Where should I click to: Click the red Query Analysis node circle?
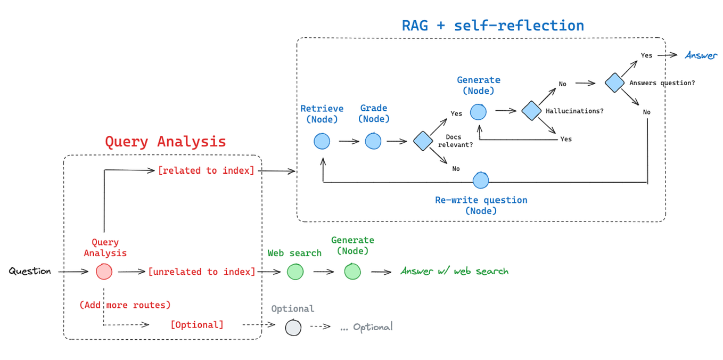tap(104, 272)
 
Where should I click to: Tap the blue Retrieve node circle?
tap(322, 141)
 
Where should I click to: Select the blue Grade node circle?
tap(373, 141)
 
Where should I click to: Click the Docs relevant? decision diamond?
tap(423, 141)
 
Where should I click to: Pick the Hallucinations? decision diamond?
tap(531, 111)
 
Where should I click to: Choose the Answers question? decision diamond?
tap(614, 83)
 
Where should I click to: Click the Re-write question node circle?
tap(480, 181)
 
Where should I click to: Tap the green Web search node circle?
tap(295, 272)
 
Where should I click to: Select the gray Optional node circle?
tap(293, 327)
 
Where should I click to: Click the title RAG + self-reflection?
tap(492, 26)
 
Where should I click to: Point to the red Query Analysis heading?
tap(165, 142)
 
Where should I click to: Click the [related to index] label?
tap(206, 170)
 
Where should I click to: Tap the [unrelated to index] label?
tap(201, 272)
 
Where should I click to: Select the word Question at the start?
tap(30, 271)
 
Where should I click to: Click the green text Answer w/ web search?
tap(454, 271)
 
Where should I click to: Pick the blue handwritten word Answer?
tap(701, 55)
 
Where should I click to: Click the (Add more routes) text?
tap(125, 305)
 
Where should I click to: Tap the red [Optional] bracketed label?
tap(197, 325)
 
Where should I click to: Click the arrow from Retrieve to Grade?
tap(349, 142)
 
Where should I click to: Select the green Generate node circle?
tap(352, 271)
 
